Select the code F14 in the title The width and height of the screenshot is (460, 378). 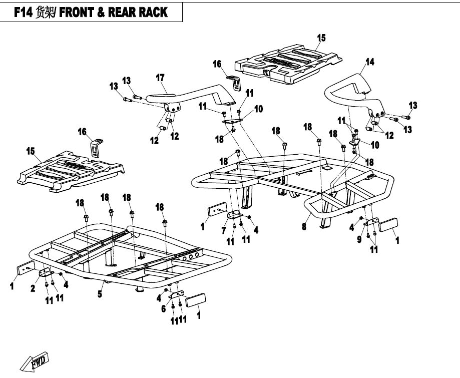click(23, 13)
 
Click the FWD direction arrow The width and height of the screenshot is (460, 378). click(36, 360)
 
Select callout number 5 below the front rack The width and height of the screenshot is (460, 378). click(100, 294)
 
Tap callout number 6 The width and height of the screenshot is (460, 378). click(163, 309)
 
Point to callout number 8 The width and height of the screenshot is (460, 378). click(303, 227)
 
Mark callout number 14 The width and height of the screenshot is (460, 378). click(369, 62)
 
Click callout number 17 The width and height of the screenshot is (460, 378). click(160, 78)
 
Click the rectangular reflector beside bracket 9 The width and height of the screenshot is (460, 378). click(388, 224)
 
